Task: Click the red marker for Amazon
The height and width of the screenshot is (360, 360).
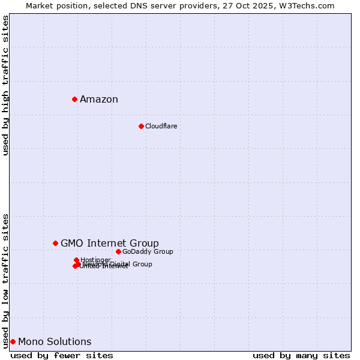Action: coord(74,99)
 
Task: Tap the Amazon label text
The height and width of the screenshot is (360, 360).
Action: coord(99,100)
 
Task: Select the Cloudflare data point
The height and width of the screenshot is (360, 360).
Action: coord(141,126)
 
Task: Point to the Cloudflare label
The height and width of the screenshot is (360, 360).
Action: coord(161,126)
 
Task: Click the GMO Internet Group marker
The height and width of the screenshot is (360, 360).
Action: coord(55,243)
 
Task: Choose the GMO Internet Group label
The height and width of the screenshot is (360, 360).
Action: coord(110,243)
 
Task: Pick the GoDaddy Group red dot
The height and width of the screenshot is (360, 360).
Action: coord(118,251)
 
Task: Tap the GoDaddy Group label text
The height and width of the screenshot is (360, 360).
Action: coord(148,251)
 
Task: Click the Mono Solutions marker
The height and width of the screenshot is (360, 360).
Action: coord(13,341)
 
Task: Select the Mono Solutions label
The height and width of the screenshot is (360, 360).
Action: coord(55,342)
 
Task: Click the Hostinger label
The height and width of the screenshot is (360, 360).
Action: coord(96,260)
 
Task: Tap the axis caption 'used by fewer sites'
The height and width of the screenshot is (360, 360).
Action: coord(62,355)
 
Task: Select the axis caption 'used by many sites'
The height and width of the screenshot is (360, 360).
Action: coord(301,355)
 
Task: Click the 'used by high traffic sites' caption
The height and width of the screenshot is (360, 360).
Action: coord(5,85)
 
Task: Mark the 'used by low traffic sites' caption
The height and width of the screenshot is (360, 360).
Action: coord(5,280)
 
